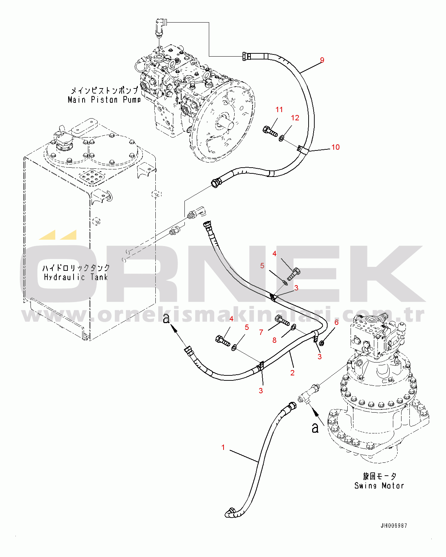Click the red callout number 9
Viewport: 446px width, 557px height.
pyautogui.click(x=322, y=60)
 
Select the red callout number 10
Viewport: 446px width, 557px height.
pyautogui.click(x=335, y=147)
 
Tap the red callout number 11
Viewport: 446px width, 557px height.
pyautogui.click(x=279, y=110)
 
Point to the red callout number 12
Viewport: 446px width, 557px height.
pyautogui.click(x=295, y=118)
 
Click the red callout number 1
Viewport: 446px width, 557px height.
pyautogui.click(x=223, y=447)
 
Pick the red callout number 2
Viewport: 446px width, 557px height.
pyautogui.click(x=292, y=373)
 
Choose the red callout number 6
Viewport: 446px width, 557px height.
pyautogui.click(x=336, y=322)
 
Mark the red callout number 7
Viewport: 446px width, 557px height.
pyautogui.click(x=261, y=332)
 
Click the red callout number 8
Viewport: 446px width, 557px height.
pyautogui.click(x=274, y=340)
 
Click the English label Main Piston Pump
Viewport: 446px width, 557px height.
pyautogui.click(x=104, y=100)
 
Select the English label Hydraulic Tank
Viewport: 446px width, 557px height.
pyautogui.click(x=76, y=277)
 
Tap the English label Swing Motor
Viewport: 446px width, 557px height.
pyautogui.click(x=379, y=486)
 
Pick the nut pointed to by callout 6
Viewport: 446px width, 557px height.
pyautogui.click(x=321, y=343)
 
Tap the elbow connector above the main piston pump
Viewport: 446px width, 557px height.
pyautogui.click(x=161, y=27)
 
